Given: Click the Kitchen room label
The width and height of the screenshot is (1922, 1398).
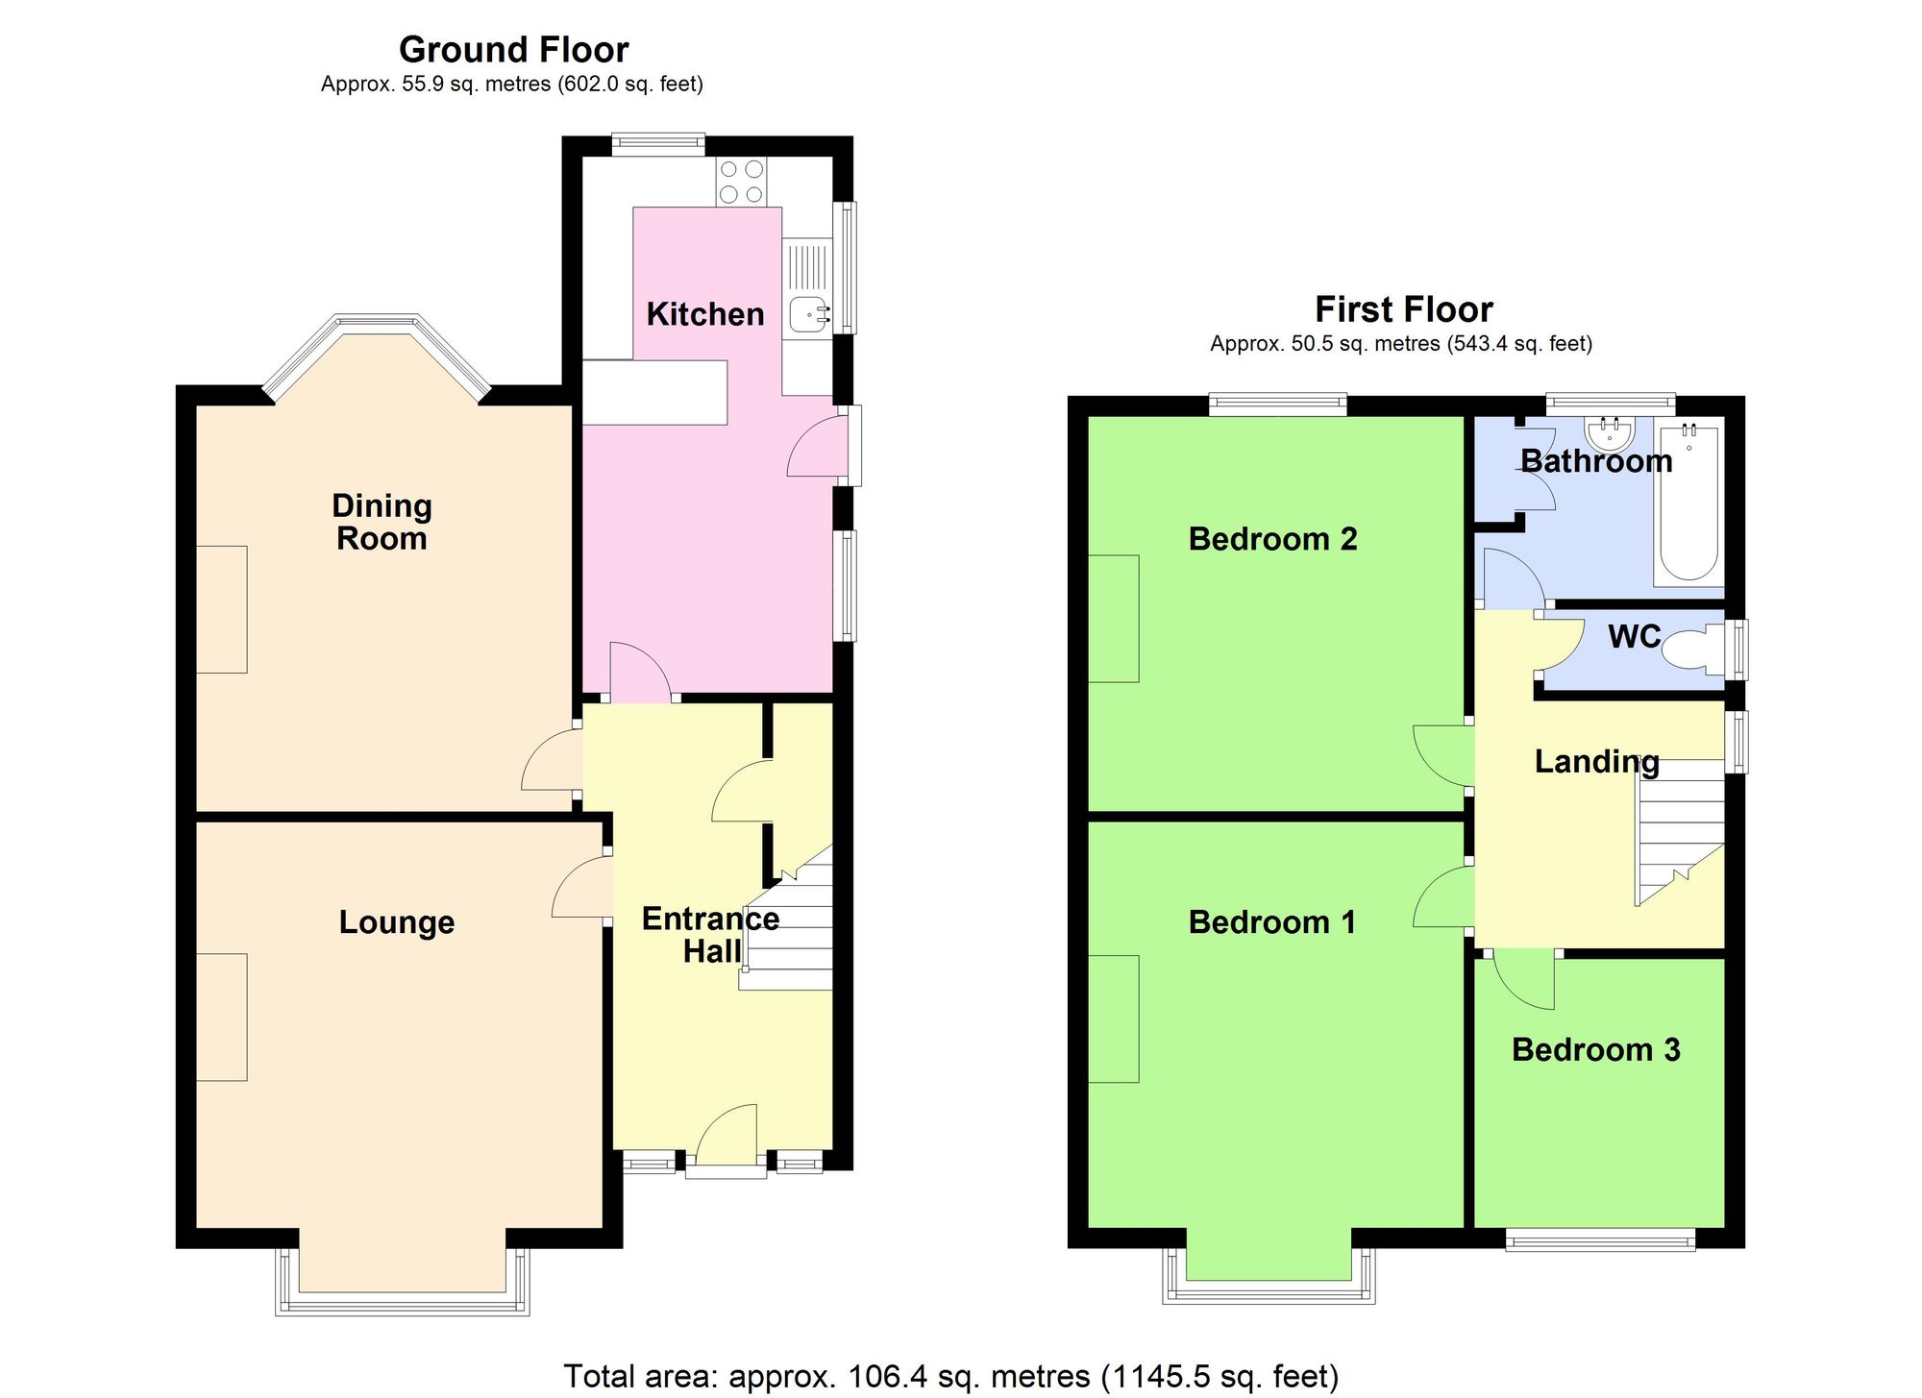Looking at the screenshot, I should click(704, 314).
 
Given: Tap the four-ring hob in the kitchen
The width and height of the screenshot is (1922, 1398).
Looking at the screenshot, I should click(741, 182).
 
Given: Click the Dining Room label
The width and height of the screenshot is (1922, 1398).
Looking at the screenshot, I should click(382, 522).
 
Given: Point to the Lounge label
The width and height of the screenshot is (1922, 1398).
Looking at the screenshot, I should click(396, 922).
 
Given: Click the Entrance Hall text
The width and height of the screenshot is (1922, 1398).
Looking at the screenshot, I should click(710, 935).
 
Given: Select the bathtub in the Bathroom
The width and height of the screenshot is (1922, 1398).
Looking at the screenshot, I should click(1688, 503).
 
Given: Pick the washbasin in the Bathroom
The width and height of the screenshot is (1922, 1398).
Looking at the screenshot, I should click(1609, 434).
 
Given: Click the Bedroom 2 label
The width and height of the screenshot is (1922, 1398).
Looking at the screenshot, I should click(1272, 539).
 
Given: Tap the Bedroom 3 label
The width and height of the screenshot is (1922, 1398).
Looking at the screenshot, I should click(1595, 1049).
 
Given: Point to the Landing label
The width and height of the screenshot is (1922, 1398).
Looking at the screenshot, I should click(1596, 762).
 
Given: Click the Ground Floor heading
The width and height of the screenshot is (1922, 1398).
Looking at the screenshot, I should click(513, 49).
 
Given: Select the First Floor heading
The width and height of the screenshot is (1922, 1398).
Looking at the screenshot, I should click(1403, 309).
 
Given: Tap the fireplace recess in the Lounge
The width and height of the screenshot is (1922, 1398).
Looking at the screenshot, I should click(222, 1017).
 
